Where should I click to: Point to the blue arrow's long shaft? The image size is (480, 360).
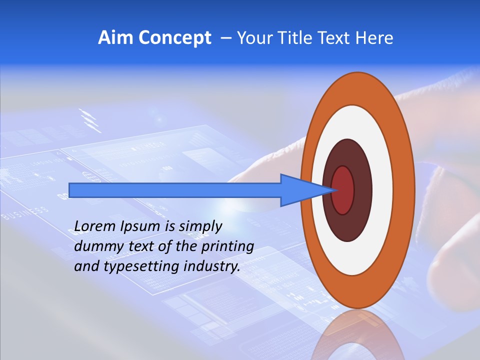[x=175, y=190]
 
